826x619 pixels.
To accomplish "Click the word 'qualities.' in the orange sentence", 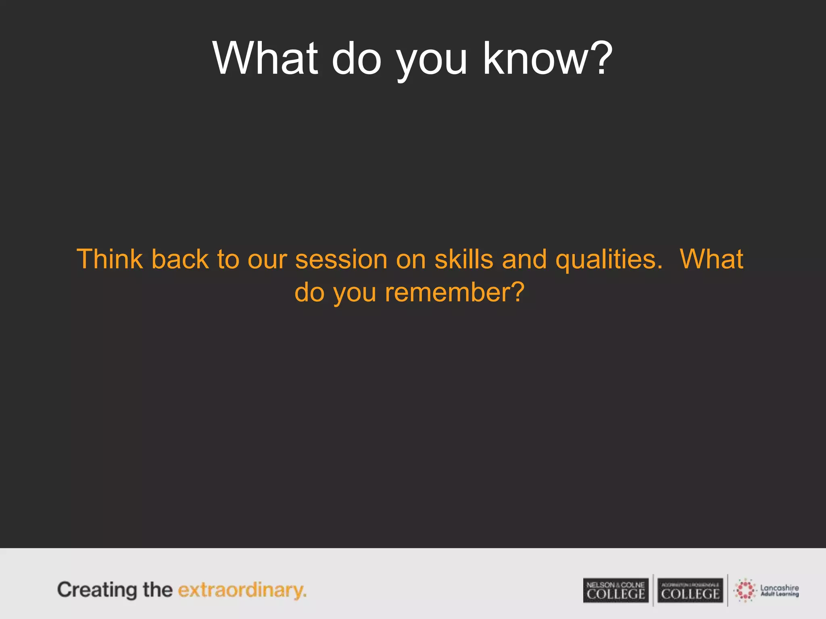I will [609, 260].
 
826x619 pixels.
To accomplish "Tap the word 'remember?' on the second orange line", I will [455, 292].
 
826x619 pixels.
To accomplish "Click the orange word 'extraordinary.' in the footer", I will [242, 591].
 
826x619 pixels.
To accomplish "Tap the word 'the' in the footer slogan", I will [158, 590].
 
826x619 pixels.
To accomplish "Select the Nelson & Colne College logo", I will [615, 591].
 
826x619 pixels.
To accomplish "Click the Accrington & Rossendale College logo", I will [690, 591].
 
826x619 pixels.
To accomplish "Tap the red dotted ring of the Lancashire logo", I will [745, 590].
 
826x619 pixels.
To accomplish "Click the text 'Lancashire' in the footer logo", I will [779, 588].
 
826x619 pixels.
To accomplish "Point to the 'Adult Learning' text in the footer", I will [779, 594].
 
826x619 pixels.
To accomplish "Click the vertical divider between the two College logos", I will [653, 590].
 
